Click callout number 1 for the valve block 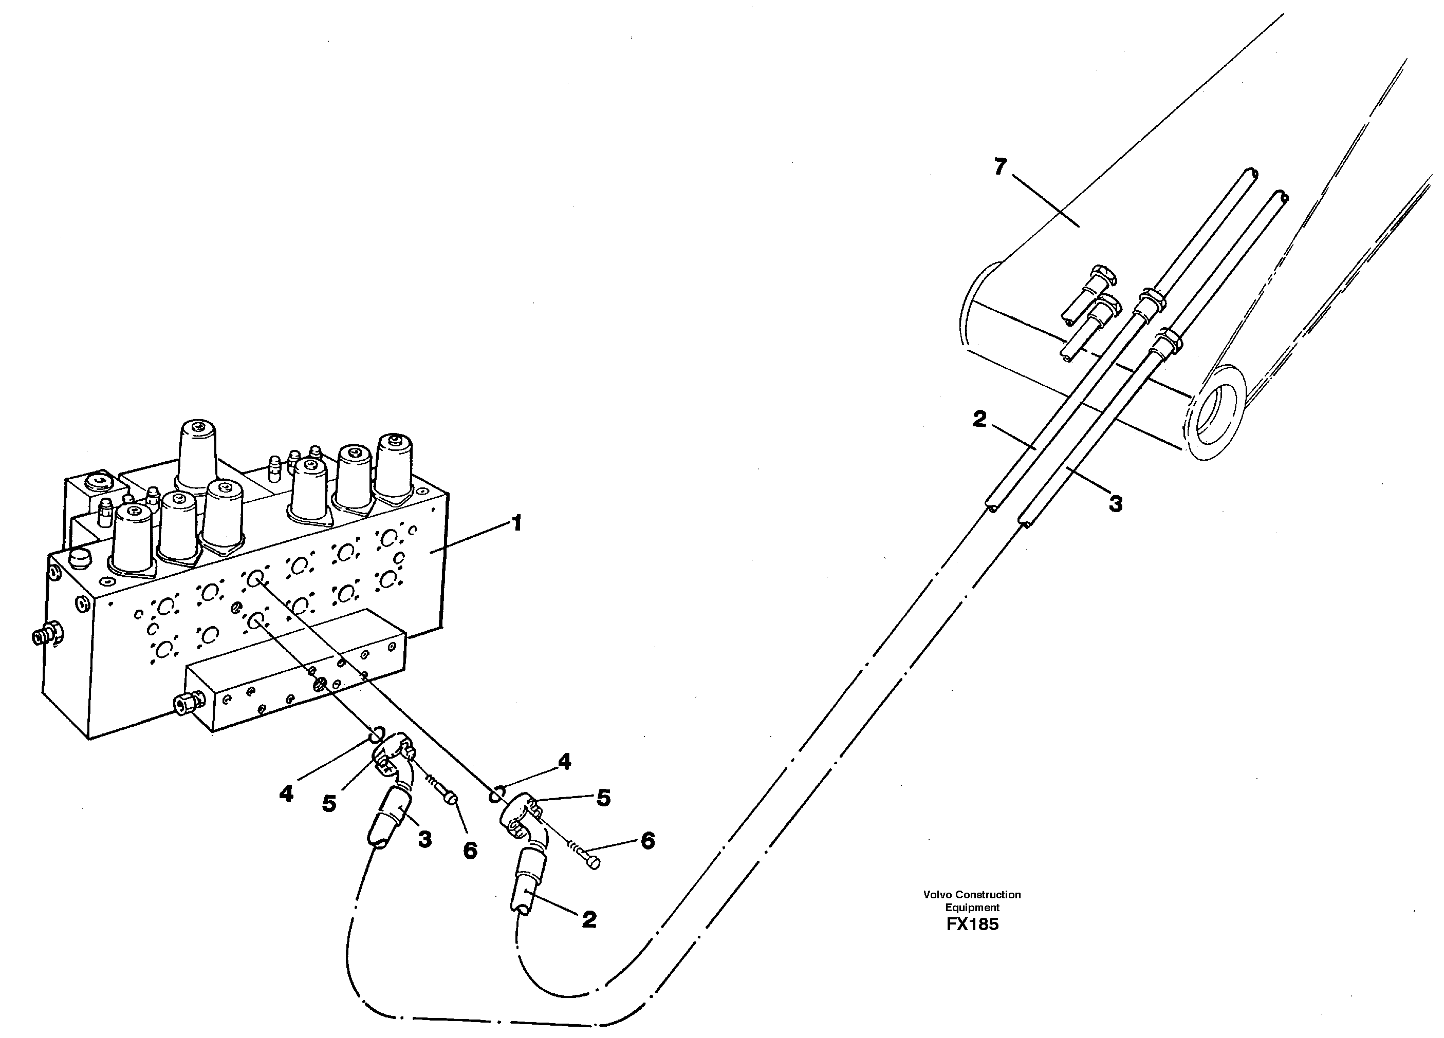tap(517, 524)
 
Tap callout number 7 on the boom tap(1000, 167)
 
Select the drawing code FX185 tap(972, 924)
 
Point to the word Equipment tap(972, 908)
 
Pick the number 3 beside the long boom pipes tap(1116, 504)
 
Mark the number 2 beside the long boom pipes tap(979, 419)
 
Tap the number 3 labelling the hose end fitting tap(424, 839)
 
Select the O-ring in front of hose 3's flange tap(376, 735)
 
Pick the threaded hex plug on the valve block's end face tap(46, 634)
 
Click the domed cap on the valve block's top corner tap(80, 558)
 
